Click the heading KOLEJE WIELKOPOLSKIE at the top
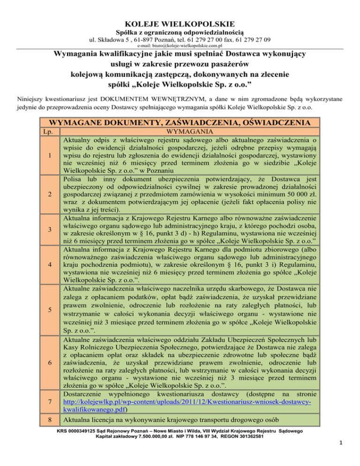180,23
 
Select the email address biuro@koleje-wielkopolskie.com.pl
180,47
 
